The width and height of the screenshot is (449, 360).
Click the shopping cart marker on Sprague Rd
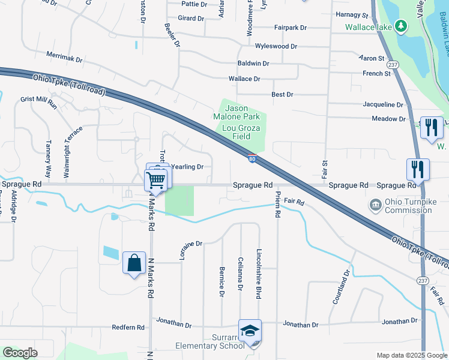coord(156,179)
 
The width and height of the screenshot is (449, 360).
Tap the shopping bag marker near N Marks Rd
coord(134,263)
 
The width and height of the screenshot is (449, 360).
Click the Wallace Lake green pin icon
coord(402,26)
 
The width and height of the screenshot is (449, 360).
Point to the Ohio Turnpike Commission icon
coord(375,205)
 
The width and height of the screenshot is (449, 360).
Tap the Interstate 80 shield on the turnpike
coord(253,158)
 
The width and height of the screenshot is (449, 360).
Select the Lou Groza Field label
coord(237,132)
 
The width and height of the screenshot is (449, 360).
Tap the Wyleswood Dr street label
coord(276,46)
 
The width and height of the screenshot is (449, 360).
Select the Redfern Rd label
coord(128,328)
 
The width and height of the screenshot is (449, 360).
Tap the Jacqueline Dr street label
coord(383,104)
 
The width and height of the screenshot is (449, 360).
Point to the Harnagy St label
coord(352,14)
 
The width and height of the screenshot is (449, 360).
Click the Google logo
coord(20,353)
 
